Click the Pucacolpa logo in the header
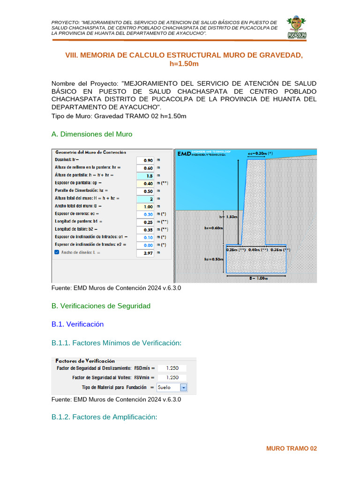point(296,29)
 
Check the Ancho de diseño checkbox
point(57,253)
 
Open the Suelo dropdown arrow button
point(184,388)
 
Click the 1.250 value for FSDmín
point(172,368)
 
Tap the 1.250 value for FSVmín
point(172,378)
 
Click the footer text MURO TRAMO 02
point(292,449)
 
